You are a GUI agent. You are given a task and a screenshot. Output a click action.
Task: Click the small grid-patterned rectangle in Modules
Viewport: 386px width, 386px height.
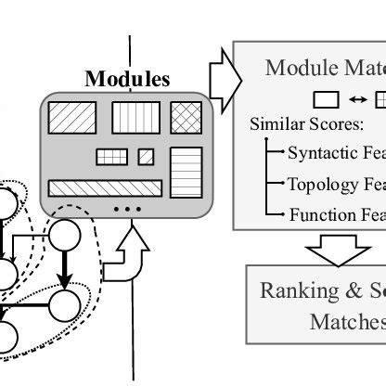tap(111, 157)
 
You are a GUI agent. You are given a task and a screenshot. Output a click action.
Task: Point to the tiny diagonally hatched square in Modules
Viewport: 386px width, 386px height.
tap(146, 157)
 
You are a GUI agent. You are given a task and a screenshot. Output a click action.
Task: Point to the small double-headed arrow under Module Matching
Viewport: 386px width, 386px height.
tap(357, 98)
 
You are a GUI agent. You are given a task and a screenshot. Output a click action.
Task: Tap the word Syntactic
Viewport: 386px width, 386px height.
tap(320, 153)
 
